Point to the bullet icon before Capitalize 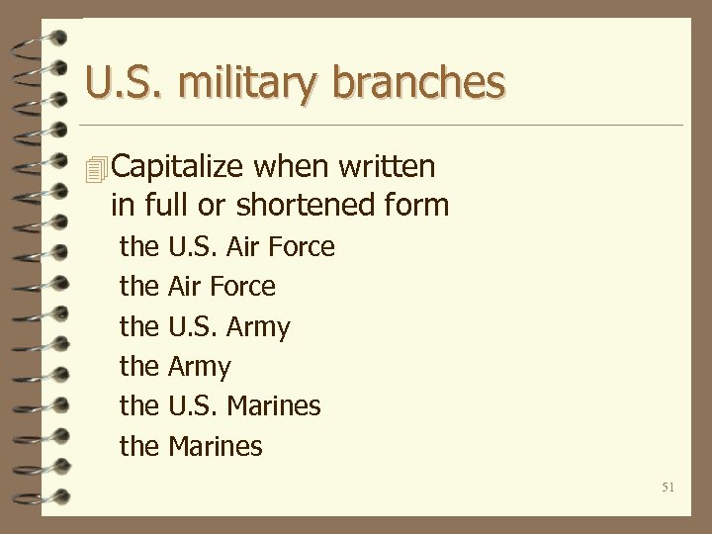(95, 169)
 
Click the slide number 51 (667, 486)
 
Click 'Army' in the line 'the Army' (200, 368)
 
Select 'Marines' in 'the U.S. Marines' (274, 406)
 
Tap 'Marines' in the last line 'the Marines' (216, 447)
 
